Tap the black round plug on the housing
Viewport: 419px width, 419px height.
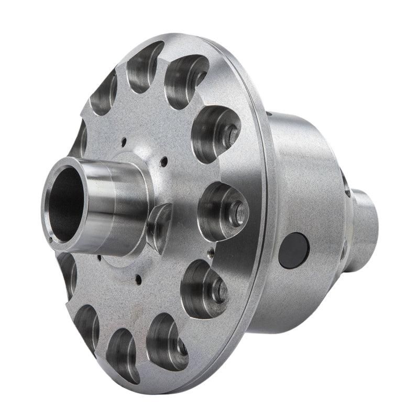[293, 250]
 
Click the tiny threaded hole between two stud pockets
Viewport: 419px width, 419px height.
[211, 251]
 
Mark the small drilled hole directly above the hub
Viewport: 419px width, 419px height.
[124, 140]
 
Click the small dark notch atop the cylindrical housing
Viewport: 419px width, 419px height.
[269, 113]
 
